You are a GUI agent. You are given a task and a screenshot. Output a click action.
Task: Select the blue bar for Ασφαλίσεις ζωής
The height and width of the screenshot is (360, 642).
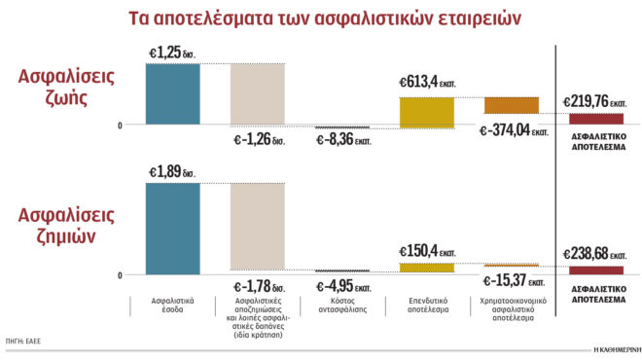pos(173,94)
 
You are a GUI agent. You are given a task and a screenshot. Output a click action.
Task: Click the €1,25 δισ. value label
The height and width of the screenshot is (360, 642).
pos(172,51)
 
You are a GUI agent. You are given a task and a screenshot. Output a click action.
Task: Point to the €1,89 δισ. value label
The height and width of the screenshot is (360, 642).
pos(172,172)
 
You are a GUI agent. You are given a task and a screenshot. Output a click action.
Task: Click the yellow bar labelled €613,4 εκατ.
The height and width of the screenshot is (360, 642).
pos(427,112)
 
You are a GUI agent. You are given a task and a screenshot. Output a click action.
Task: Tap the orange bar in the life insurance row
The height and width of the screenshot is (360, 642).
pos(511,105)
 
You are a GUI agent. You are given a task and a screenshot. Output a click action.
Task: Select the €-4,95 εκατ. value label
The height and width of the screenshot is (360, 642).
pos(343,285)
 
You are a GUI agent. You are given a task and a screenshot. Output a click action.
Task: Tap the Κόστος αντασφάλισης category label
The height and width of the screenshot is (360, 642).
pos(343,306)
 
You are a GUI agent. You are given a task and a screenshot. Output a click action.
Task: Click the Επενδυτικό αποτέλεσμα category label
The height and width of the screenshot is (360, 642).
pos(427,306)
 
